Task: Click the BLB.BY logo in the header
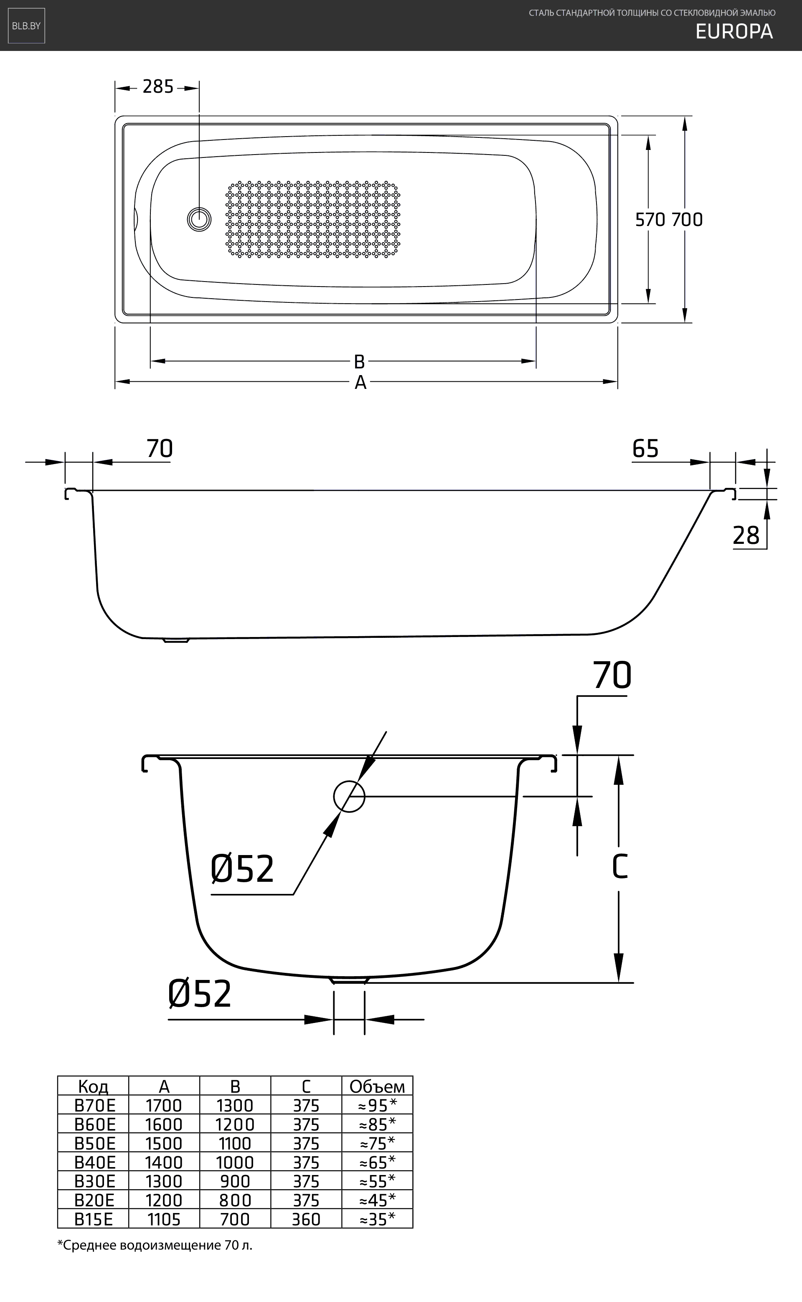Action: tap(26, 25)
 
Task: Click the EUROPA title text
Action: tap(734, 32)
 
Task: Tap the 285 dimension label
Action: tap(158, 86)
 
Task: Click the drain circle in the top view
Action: tap(199, 219)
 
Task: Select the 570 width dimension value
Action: tap(651, 220)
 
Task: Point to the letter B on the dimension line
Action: tap(359, 362)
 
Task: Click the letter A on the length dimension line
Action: tap(360, 382)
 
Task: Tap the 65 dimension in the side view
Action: tap(645, 449)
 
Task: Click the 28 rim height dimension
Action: tap(746, 536)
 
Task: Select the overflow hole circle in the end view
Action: tap(349, 797)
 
